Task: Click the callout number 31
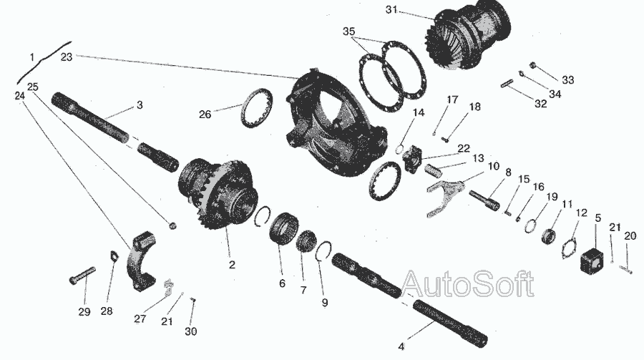click(392, 9)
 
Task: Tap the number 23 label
click(67, 57)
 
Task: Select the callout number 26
click(205, 114)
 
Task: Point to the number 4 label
click(401, 346)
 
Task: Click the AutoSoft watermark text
click(467, 283)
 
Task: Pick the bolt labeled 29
click(82, 275)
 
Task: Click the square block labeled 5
click(592, 260)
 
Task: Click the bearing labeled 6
click(284, 229)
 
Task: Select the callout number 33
click(568, 79)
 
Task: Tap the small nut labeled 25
click(173, 225)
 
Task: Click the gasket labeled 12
click(570, 248)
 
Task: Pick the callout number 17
click(452, 99)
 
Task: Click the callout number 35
click(348, 31)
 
